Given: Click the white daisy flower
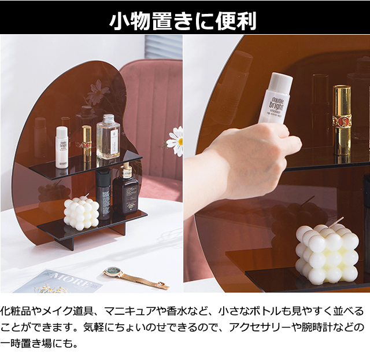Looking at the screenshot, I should point(175,141).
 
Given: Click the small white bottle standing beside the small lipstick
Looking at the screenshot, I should point(62,148).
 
